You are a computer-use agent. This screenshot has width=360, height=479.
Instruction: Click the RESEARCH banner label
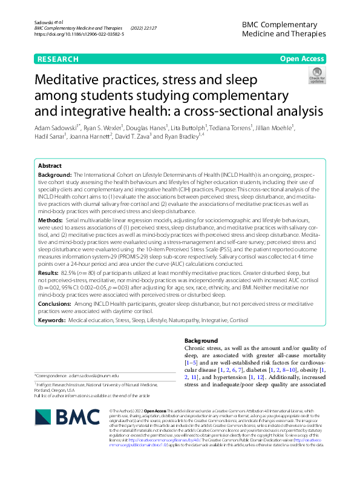58,59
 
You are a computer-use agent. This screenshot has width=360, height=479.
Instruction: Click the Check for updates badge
316,76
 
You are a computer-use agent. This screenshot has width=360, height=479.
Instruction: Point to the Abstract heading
50,165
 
